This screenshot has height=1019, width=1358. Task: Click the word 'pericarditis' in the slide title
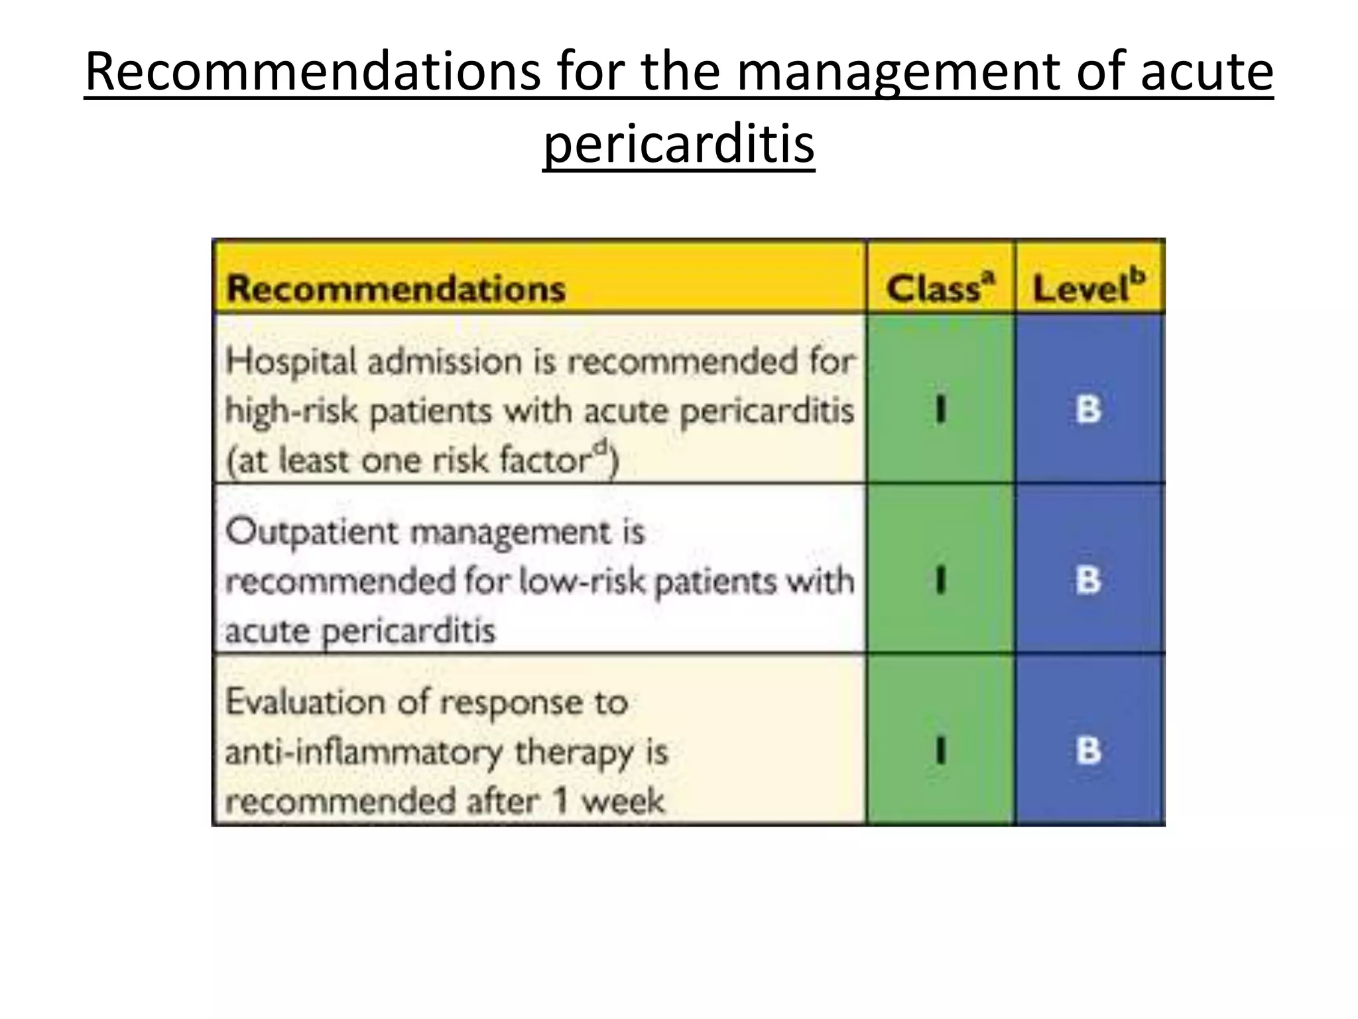coord(678,145)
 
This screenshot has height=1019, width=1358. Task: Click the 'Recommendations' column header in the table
coord(396,289)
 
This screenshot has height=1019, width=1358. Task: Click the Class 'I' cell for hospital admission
coord(940,409)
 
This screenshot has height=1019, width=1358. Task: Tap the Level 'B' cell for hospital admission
coord(1088,409)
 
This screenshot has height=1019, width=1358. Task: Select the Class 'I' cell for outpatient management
coord(940,580)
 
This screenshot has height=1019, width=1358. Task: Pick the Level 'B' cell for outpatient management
coord(1088,580)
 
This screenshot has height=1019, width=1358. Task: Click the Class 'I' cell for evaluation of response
coord(940,751)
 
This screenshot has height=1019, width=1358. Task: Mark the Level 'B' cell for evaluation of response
coord(1088,751)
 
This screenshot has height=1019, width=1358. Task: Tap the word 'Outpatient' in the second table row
coord(312,533)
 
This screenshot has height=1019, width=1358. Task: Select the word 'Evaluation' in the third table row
coord(306,703)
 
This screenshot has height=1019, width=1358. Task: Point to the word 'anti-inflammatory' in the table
coord(364,752)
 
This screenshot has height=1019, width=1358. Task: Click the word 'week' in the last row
coord(623,801)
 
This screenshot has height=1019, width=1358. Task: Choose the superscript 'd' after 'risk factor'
coord(600,446)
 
